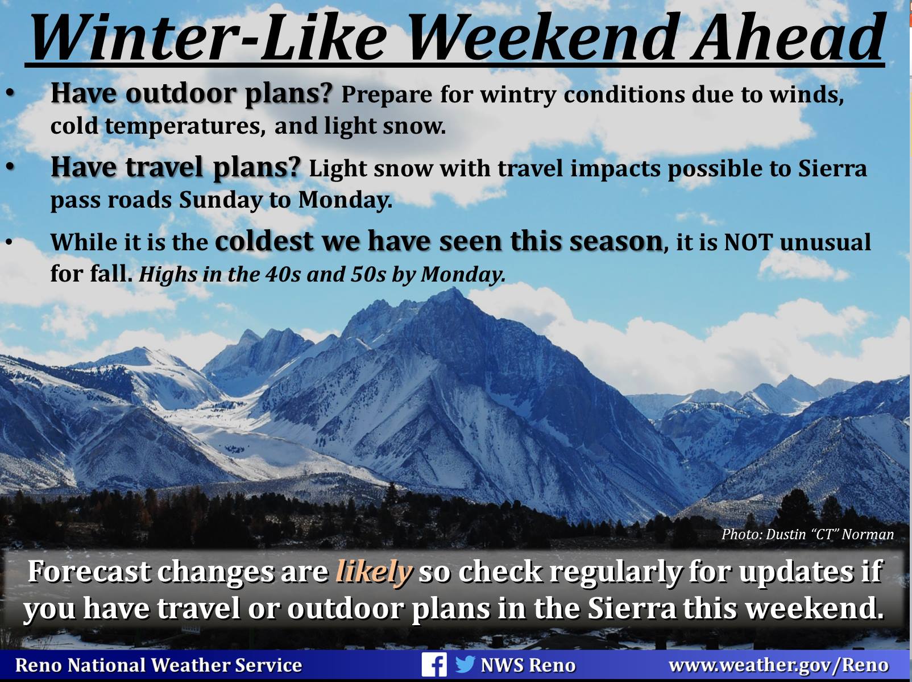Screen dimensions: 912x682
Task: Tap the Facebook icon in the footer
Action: click(x=434, y=664)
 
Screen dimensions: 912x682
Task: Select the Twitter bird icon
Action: click(x=465, y=664)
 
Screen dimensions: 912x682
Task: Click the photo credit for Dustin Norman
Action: click(x=808, y=534)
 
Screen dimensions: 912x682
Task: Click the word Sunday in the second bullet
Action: click(x=221, y=200)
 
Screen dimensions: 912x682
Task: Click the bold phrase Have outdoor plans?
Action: click(x=192, y=93)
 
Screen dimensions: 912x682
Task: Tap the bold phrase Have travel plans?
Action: click(x=175, y=168)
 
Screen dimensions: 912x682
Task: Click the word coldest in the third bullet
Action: click(x=264, y=241)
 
